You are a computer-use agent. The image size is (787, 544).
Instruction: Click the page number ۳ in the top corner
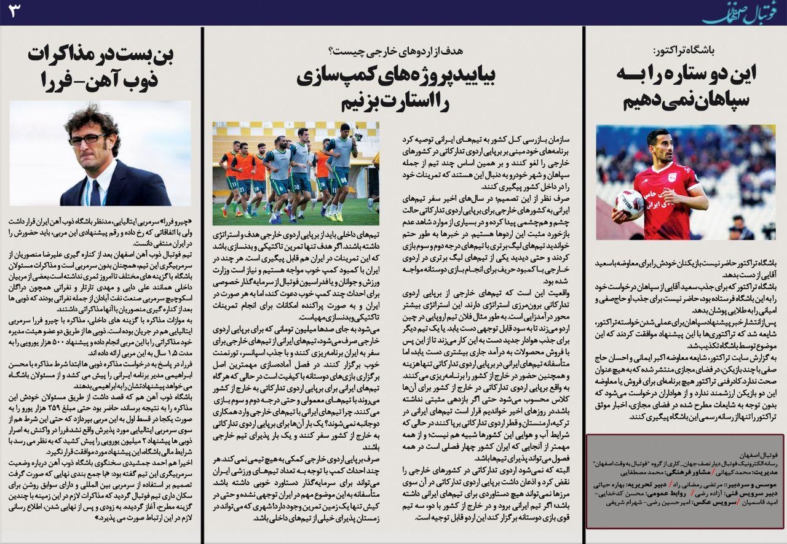[x=14, y=12]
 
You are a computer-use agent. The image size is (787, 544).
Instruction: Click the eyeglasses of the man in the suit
[x=87, y=139]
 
